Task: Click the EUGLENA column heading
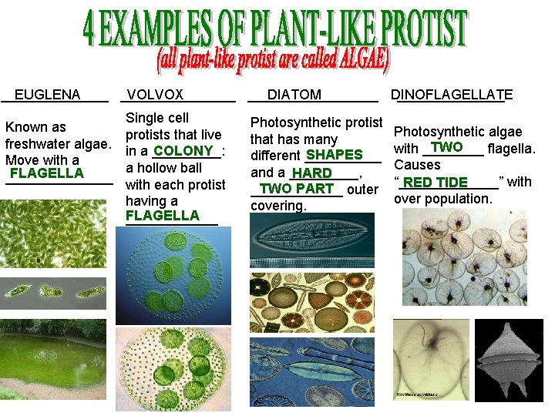(x=47, y=95)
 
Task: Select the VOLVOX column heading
(x=155, y=95)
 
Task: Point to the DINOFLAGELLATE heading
(x=452, y=95)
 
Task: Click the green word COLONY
(x=183, y=151)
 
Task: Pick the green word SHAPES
(x=334, y=156)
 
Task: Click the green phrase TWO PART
(x=297, y=189)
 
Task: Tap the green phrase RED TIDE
(x=436, y=183)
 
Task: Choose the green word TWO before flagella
(x=447, y=147)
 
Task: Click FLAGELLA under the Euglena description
(x=46, y=173)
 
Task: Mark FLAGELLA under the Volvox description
(x=162, y=216)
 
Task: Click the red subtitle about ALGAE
(x=274, y=59)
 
